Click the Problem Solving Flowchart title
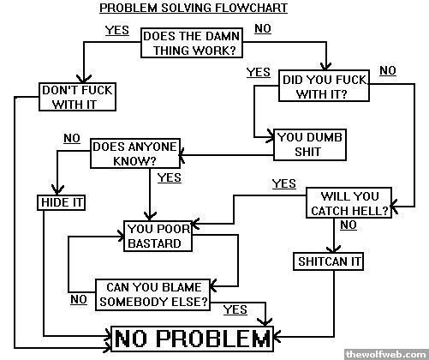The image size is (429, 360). (194, 8)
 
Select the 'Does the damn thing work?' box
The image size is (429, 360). (192, 43)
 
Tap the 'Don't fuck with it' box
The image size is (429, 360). (77, 97)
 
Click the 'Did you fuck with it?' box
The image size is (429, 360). (324, 86)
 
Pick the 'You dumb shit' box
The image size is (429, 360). (310, 145)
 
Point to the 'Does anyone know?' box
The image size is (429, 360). (135, 153)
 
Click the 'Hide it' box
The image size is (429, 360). (62, 202)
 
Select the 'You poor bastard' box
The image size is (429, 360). (158, 236)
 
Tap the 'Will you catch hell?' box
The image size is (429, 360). (349, 203)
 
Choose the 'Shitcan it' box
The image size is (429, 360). (328, 261)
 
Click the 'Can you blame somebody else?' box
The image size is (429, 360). (153, 295)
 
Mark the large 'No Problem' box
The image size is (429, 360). (192, 339)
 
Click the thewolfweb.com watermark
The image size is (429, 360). (386, 355)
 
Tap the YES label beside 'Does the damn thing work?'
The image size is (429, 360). (117, 30)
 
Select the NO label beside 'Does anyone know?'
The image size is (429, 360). (72, 138)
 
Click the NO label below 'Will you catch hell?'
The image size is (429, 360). (349, 225)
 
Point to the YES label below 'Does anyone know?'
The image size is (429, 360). (170, 177)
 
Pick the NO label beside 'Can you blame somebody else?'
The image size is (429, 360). (79, 300)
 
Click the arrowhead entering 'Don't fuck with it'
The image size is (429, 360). (84, 79)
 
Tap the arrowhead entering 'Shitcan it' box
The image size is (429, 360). (334, 249)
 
